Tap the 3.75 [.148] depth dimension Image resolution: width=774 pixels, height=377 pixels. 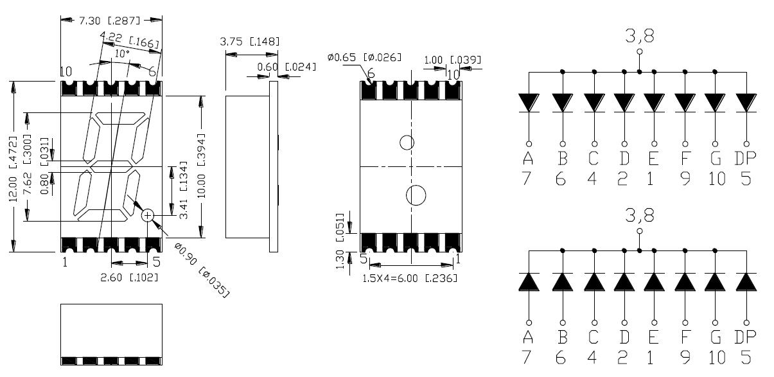[x=249, y=42]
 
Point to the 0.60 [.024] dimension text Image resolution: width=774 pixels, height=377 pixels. [x=286, y=67]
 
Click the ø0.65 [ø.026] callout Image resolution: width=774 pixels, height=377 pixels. [x=364, y=58]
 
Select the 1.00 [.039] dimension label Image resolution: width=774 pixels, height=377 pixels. [x=452, y=60]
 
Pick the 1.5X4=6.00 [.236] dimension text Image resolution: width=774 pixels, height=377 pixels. [x=410, y=278]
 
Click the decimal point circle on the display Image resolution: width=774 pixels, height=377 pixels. [x=148, y=216]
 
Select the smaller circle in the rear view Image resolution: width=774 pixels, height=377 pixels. [x=407, y=143]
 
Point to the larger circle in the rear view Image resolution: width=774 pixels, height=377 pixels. [x=416, y=195]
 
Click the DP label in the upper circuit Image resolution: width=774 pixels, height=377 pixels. [x=745, y=159]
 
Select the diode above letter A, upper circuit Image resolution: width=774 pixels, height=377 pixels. [x=528, y=103]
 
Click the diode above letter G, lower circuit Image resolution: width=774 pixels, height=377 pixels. [x=716, y=283]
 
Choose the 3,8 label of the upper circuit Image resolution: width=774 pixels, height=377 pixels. [x=638, y=37]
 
